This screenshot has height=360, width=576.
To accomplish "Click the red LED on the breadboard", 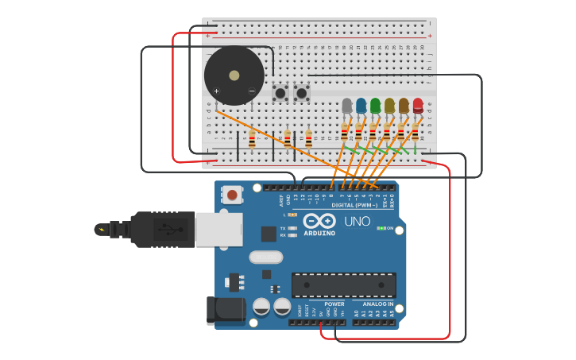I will click(418, 105).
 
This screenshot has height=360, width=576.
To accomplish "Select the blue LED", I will click(361, 105).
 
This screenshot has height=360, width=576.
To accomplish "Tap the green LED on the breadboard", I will click(376, 105).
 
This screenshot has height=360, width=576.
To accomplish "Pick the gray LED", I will click(347, 105).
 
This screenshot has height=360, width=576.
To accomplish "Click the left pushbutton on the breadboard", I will click(280, 94).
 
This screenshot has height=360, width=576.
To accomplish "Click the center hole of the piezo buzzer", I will click(234, 75).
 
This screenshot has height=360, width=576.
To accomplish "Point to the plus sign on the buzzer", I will click(216, 91).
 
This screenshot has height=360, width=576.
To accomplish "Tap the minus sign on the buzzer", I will click(252, 91).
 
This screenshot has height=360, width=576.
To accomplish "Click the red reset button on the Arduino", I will click(232, 195).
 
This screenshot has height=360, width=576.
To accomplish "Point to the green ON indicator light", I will click(382, 229).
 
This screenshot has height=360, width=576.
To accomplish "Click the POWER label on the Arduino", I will click(334, 304).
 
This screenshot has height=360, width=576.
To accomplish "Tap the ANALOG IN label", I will click(377, 304).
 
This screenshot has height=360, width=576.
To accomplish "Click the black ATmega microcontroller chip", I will click(343, 285).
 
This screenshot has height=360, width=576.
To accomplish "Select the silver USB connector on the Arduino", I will click(218, 229).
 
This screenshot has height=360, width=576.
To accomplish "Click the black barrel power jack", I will click(224, 311).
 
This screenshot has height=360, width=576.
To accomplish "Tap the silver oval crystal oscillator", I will click(265, 257).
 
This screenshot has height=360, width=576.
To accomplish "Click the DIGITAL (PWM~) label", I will click(354, 204).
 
